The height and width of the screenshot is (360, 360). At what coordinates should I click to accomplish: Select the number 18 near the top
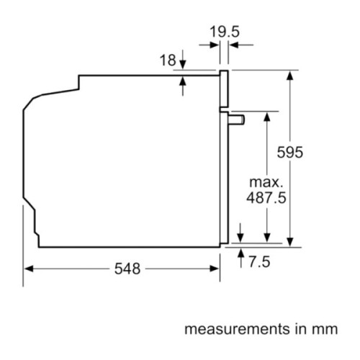pyautogui.click(x=167, y=60)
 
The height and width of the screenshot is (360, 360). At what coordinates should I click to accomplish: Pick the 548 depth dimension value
pyautogui.click(x=127, y=269)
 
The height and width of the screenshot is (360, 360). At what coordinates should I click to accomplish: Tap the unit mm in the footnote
pyautogui.click(x=323, y=330)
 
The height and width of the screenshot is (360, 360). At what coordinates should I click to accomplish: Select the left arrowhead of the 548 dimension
pyautogui.click(x=29, y=269)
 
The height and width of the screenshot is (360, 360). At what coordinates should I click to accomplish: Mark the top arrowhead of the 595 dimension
pyautogui.click(x=290, y=74)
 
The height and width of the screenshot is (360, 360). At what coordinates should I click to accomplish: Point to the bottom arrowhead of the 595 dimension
pyautogui.click(x=290, y=242)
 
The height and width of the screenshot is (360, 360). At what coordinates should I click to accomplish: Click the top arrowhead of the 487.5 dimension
pyautogui.click(x=267, y=116)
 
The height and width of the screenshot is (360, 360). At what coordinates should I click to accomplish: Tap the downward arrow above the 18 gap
pyautogui.click(x=183, y=65)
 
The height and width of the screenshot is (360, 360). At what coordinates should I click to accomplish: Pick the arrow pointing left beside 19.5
pyautogui.click(x=233, y=45)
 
